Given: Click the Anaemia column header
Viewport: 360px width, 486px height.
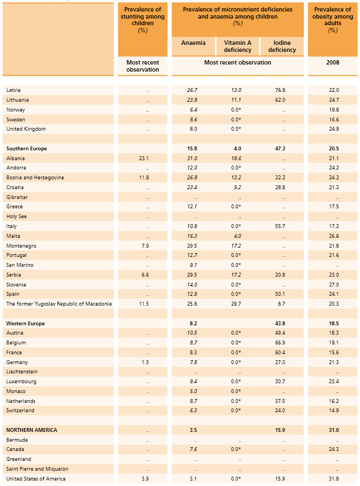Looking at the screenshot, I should pos(193,43).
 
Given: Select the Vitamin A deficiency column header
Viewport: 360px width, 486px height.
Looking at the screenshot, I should pos(237,46).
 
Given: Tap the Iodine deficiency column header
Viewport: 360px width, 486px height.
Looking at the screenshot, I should pos(282,46).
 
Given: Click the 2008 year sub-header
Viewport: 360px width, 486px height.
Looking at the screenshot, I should pos(333,62).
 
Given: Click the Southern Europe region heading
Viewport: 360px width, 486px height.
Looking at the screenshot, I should pos(26,148).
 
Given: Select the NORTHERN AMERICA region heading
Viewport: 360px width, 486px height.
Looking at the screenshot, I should pos(31,430).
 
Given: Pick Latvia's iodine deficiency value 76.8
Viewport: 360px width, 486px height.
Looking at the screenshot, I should pos(280,90).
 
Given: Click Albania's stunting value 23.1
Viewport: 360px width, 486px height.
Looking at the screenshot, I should pos(144,158).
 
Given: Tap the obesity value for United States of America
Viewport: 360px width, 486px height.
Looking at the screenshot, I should pos(333,479).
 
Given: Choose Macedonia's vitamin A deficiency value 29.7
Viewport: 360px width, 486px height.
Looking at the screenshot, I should pos(236,304).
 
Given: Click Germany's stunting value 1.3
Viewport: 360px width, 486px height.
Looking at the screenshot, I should pos(145,362).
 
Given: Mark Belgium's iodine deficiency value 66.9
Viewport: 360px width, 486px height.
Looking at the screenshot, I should pos(280,343).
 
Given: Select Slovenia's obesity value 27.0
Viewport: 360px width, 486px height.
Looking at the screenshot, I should pos(333,284).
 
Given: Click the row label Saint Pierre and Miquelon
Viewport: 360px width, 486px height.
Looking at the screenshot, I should pos(37,469).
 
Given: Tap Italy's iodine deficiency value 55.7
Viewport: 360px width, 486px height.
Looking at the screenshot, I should pos(280,226).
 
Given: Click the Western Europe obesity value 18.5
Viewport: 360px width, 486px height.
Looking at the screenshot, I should pos(333,324).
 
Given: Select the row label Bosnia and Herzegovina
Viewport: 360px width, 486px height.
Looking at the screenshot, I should pos(35,178).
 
